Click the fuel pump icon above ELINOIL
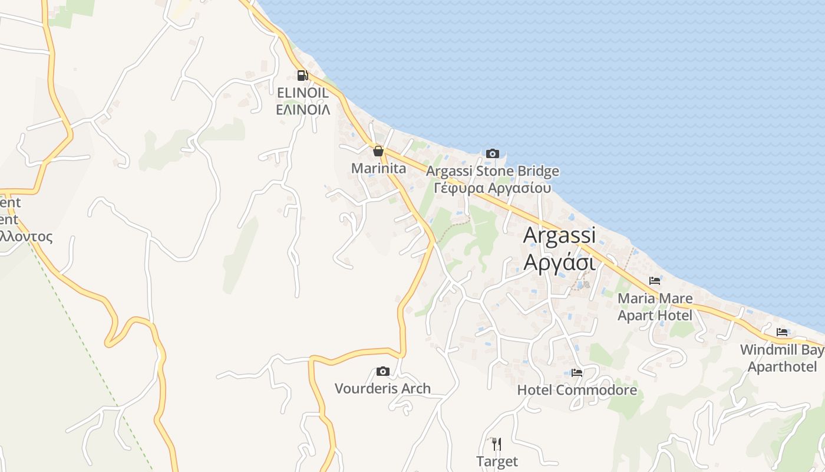tap(302, 75)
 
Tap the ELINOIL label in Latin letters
tap(303, 93)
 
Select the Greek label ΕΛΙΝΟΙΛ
tap(303, 109)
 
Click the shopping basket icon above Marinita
tap(378, 151)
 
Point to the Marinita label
tap(378, 168)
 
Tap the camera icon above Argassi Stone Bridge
tap(492, 154)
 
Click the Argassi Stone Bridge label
tap(492, 172)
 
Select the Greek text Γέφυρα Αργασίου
tap(492, 188)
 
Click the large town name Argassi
tap(559, 235)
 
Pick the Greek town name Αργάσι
tap(559, 261)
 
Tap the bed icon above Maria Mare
tap(655, 281)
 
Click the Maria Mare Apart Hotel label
tap(655, 307)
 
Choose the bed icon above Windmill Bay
tap(782, 332)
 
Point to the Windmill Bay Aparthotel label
tap(782, 358)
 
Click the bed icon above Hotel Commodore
tap(577, 373)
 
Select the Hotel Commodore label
tap(577, 390)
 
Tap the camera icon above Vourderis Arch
tap(383, 371)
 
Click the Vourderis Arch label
tap(382, 388)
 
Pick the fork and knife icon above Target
tap(497, 444)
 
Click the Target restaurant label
tap(497, 461)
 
